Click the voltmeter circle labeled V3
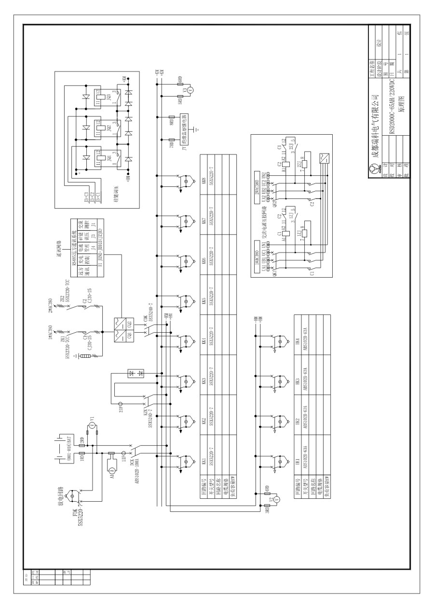coord(190,90)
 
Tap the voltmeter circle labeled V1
coord(92,425)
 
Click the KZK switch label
coord(144,414)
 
